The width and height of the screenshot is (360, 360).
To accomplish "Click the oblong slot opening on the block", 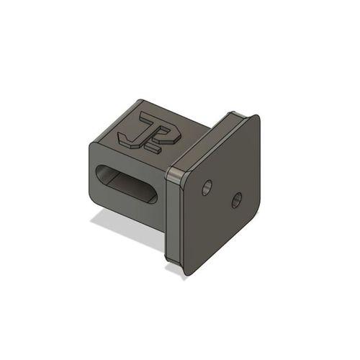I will click(128, 184).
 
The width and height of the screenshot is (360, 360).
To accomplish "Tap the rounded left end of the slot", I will click(102, 176).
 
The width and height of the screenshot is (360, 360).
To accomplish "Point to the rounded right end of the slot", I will click(154, 195).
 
